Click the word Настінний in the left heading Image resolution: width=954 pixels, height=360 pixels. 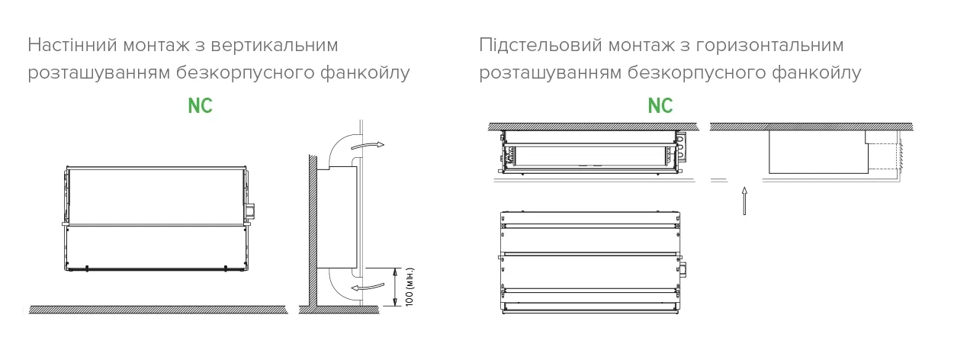click(72, 45)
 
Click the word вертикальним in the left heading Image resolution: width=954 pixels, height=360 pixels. click(275, 46)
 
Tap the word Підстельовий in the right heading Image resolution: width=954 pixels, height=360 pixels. click(541, 45)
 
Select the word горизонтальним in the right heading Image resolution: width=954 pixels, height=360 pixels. click(770, 46)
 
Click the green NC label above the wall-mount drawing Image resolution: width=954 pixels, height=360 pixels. click(200, 106)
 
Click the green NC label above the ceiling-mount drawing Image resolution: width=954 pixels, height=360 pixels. click(660, 106)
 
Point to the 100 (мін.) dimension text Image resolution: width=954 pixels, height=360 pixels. click(410, 287)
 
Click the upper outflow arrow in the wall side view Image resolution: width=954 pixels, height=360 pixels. click(367, 146)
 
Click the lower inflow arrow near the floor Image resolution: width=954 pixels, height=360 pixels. click(368, 287)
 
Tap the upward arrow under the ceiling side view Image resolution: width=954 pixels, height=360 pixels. click(744, 201)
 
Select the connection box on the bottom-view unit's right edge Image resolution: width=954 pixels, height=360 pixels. click(683, 270)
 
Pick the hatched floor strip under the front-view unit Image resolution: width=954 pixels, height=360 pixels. click(158, 310)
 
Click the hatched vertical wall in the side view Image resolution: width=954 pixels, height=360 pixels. click(313, 230)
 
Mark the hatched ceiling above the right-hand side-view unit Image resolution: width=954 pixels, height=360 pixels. click(811, 127)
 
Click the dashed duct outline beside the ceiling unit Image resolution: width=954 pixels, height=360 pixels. click(885, 156)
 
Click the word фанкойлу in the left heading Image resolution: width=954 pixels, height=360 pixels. click(365, 73)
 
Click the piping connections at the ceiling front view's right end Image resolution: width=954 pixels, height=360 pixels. click(680, 148)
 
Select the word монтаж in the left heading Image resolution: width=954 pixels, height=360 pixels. click(156, 46)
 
